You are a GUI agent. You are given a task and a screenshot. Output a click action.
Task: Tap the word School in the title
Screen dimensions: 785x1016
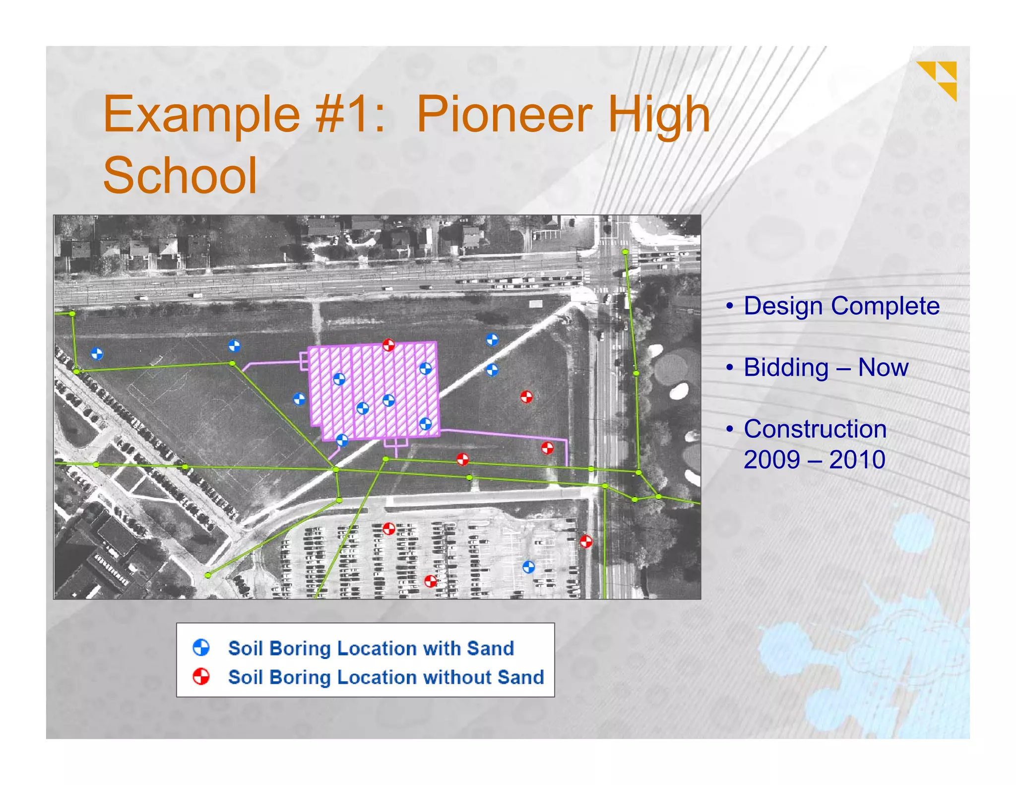tap(180, 176)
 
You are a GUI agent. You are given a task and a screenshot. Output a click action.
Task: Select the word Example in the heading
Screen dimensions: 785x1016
tap(201, 115)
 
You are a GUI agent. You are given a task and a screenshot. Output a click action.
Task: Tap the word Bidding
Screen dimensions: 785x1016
tap(786, 368)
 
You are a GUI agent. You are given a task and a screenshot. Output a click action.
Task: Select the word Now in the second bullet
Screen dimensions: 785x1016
tap(883, 368)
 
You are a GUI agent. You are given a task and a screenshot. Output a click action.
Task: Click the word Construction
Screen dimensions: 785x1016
tap(815, 429)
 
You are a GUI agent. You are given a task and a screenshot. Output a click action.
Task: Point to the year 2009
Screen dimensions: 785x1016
tap(771, 459)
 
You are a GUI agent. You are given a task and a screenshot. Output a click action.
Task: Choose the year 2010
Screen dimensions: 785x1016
tap(857, 459)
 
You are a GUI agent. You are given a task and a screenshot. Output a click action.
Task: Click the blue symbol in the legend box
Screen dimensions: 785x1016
tap(201, 648)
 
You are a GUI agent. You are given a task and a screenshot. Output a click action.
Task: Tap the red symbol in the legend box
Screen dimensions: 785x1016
tap(201, 676)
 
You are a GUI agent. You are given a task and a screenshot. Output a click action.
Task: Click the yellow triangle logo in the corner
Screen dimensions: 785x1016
tap(939, 79)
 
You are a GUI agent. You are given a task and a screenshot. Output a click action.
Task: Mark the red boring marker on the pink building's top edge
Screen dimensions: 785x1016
tap(388, 344)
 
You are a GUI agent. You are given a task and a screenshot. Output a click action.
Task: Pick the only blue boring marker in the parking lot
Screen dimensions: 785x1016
tap(528, 567)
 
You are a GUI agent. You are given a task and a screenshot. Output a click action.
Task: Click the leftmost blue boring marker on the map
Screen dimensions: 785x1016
tap(97, 354)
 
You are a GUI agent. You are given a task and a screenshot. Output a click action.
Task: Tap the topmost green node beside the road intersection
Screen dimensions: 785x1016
tap(625, 252)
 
